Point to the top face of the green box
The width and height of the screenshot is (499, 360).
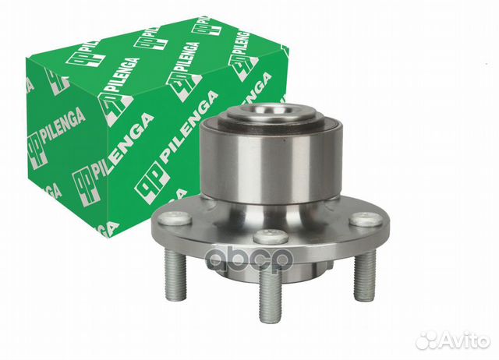click(156, 47)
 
